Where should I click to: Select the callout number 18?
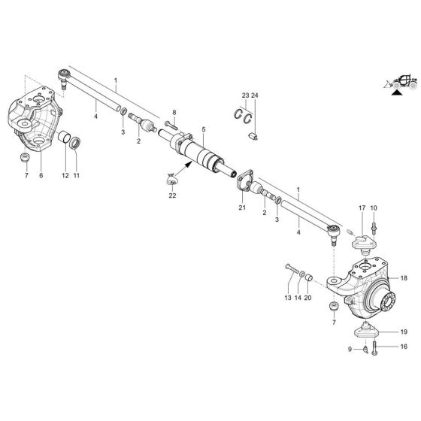pyautogui.click(x=403, y=278)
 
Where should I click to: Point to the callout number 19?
pyautogui.click(x=403, y=332)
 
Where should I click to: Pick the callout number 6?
pyautogui.click(x=41, y=175)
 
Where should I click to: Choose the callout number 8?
pyautogui.click(x=173, y=113)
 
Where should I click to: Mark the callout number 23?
pyautogui.click(x=244, y=95)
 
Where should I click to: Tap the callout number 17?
pyautogui.click(x=362, y=207)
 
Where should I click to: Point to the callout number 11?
pyautogui.click(x=77, y=175)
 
